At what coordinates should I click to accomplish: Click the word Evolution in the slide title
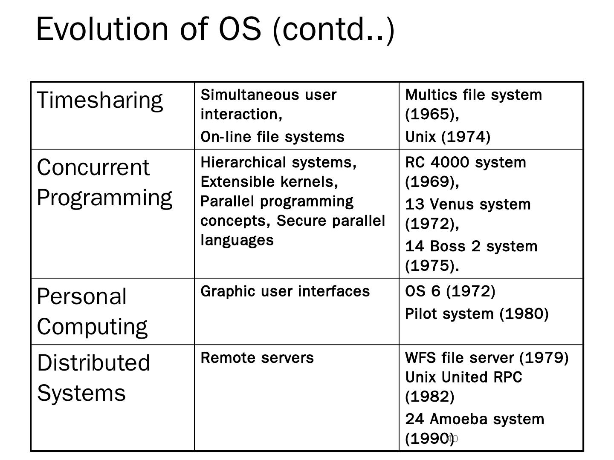[102, 29]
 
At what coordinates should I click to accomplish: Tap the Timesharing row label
[100, 101]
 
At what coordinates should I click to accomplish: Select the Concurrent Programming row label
[104, 182]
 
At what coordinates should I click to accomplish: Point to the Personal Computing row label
[92, 311]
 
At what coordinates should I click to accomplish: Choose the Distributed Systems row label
[93, 377]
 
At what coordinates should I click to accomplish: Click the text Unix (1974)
[448, 137]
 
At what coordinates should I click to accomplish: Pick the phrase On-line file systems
[272, 137]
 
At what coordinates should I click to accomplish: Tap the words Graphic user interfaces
[285, 291]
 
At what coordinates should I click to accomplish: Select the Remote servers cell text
[257, 358]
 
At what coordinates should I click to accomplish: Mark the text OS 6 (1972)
[450, 291]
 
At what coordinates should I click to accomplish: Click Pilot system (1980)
[476, 314]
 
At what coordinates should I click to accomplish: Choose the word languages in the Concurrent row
[237, 240]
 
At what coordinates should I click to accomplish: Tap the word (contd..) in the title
[333, 29]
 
